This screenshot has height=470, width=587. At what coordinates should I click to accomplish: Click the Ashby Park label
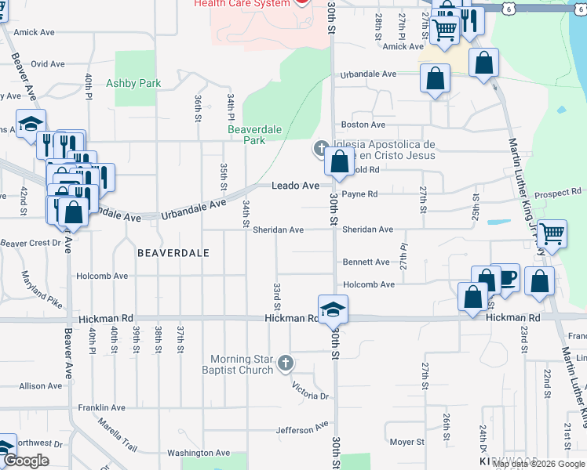pos(133,83)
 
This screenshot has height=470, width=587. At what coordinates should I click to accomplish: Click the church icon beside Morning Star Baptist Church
pos(286,363)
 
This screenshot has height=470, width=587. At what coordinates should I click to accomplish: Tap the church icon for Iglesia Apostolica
pos(321,148)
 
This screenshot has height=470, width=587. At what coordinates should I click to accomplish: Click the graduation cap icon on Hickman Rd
pos(333,309)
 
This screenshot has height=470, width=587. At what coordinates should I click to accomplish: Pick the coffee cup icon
pos(505,278)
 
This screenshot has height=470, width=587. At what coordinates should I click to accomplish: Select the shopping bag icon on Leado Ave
pos(339,163)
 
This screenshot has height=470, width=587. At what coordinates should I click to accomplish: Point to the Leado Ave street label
pos(296,186)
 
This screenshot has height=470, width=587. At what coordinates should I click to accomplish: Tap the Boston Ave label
pos(363,125)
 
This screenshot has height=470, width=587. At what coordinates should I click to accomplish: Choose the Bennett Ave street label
pos(365,262)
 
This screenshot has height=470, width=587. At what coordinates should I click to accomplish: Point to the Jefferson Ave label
pos(302,429)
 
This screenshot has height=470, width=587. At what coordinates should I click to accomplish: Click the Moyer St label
pos(407,443)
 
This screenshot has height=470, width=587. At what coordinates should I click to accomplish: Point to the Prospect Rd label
pos(557,193)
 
